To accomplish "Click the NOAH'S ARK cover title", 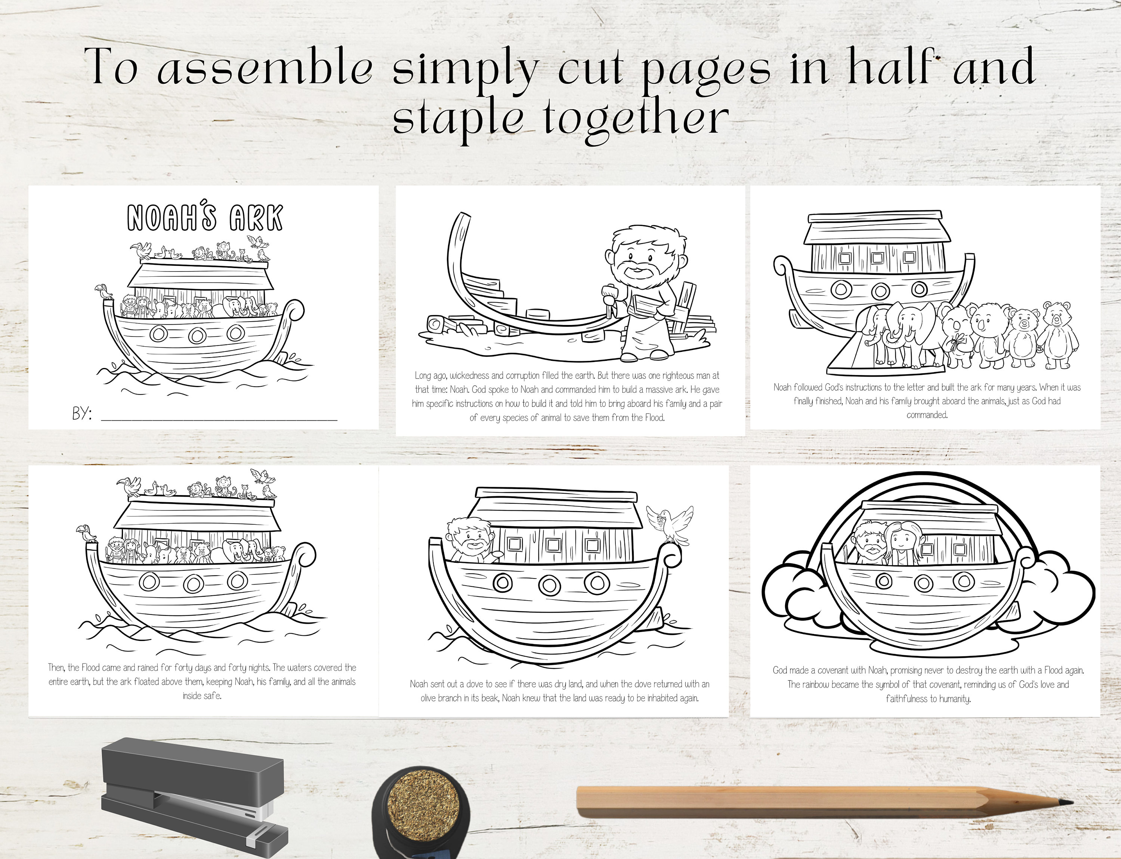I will pos(204,218).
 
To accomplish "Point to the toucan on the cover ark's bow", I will pos(104,291).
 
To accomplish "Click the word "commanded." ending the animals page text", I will pos(927,415).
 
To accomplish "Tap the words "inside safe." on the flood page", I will pos(202,696).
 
